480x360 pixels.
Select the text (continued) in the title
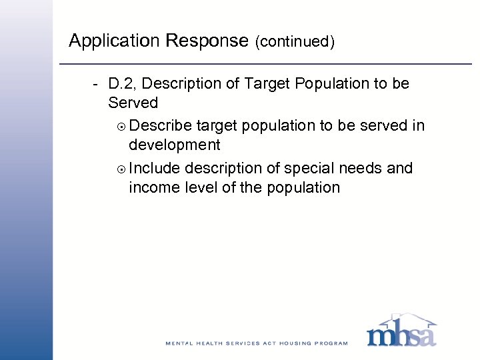(295, 42)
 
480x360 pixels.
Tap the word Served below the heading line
(133, 103)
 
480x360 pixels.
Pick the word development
(175, 145)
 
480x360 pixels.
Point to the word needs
(361, 168)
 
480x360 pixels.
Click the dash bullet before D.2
(97, 85)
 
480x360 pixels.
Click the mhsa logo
(401, 333)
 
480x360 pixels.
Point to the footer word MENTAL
(179, 343)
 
